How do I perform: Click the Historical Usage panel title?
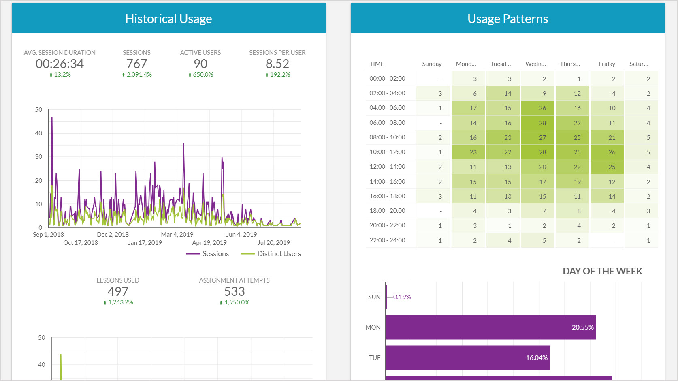[168, 19]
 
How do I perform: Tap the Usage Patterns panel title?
[507, 19]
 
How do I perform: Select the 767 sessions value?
[137, 64]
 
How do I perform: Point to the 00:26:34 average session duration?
[60, 64]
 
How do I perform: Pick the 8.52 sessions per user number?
[277, 64]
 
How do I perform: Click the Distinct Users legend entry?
[279, 254]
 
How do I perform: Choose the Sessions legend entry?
[215, 254]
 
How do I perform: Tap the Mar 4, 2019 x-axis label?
[177, 234]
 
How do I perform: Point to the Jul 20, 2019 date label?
[274, 242]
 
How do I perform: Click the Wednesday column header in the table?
[535, 64]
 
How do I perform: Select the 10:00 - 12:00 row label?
[387, 152]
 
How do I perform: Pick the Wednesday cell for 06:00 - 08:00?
[542, 123]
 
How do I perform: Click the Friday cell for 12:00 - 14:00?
[612, 167]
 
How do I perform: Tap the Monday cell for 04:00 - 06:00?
[473, 108]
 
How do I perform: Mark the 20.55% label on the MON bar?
[582, 327]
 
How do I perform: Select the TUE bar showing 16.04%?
[467, 357]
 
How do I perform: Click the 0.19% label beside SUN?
[402, 297]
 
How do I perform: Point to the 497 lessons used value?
[118, 291]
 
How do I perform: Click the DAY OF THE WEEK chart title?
[602, 271]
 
